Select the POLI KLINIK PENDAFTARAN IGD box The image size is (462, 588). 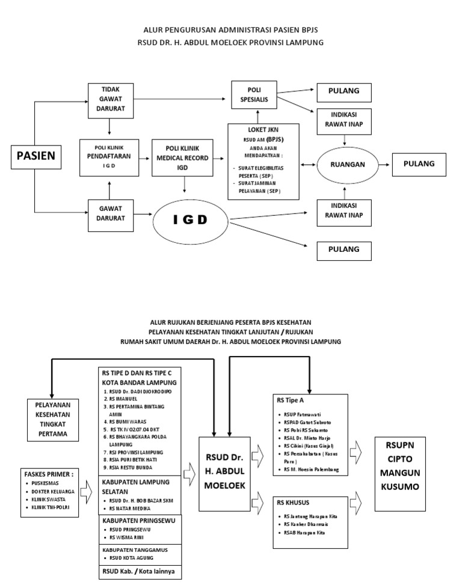click(109, 157)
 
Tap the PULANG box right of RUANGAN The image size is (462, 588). click(419, 164)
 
